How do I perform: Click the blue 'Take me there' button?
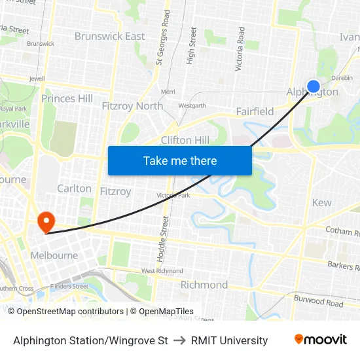[x=180, y=160]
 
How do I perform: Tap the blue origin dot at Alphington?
[x=314, y=86]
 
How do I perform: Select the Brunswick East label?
[x=109, y=36]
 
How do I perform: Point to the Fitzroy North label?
[x=132, y=105]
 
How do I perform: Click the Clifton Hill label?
[x=185, y=140]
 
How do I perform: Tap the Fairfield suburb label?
[x=255, y=111]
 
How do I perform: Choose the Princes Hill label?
[x=67, y=98]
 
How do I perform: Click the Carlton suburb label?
[x=74, y=189]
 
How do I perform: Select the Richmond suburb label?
[x=204, y=285]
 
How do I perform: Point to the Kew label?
[x=321, y=202]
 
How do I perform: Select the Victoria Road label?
[x=240, y=49]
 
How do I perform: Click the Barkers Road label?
[x=343, y=264]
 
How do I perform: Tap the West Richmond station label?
[x=156, y=270]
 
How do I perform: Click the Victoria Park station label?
[x=173, y=195]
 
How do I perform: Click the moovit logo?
[x=321, y=340]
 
